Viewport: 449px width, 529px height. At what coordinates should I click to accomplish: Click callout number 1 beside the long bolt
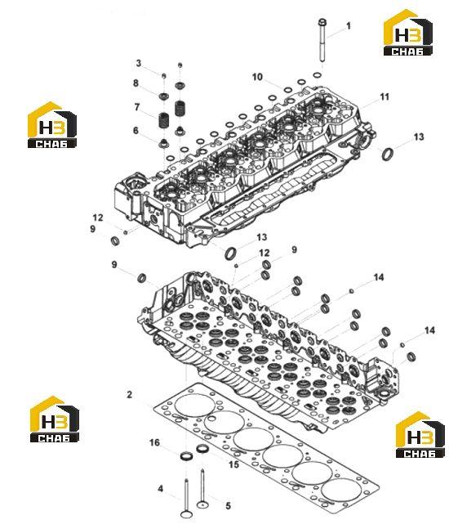349,25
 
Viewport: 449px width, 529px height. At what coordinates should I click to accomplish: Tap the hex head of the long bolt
322,22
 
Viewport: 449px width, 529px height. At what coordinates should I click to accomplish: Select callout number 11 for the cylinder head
385,96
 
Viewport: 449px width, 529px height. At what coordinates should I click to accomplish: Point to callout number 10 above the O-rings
257,77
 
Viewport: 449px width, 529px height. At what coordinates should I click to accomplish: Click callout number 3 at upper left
139,63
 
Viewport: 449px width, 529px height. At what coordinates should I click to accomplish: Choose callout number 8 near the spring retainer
136,83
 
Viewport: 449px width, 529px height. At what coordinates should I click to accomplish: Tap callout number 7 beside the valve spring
137,107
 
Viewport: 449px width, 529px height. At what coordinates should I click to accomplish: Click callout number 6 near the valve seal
136,130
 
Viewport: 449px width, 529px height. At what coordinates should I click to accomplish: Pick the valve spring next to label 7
164,119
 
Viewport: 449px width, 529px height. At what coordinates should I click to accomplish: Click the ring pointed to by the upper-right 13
388,154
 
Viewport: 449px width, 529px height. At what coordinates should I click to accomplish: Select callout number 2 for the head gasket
130,394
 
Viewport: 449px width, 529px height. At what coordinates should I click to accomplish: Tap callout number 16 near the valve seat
154,442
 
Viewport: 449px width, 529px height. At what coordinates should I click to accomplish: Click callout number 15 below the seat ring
233,464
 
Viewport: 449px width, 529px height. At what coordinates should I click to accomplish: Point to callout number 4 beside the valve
160,488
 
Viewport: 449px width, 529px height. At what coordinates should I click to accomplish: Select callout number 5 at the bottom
228,506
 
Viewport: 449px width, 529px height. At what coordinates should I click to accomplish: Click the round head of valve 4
186,514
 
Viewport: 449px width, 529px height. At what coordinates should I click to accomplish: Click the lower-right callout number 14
429,330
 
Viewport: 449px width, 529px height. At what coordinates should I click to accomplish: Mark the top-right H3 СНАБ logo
408,33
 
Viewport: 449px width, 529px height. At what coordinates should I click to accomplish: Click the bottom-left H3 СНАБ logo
55,419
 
